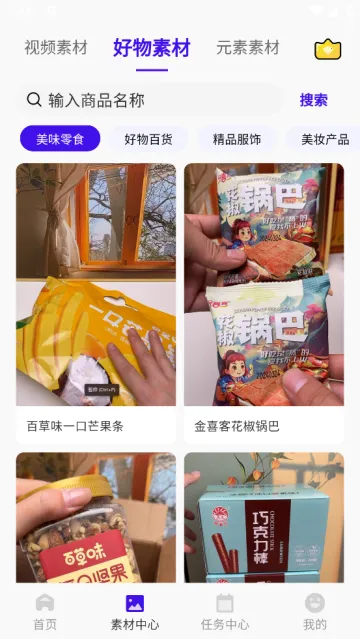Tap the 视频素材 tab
tap(56, 47)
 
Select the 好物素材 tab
tap(151, 47)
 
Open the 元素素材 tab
tap(247, 47)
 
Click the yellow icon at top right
tap(327, 49)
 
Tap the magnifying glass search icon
tap(34, 99)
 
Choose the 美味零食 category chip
tap(60, 139)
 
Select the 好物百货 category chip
tap(148, 139)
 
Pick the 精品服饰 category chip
tap(237, 139)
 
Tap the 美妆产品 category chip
tap(324, 139)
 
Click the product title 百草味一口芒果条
tap(75, 426)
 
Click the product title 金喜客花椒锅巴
tap(237, 426)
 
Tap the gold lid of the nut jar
tap(75, 484)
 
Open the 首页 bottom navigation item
tap(45, 611)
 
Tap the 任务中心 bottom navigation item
tap(225, 611)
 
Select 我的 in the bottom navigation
tap(315, 611)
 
